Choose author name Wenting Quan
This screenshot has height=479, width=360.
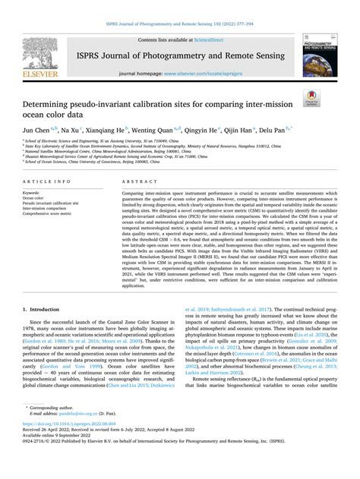[x=170, y=130]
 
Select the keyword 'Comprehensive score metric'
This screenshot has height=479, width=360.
[x=56, y=215]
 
